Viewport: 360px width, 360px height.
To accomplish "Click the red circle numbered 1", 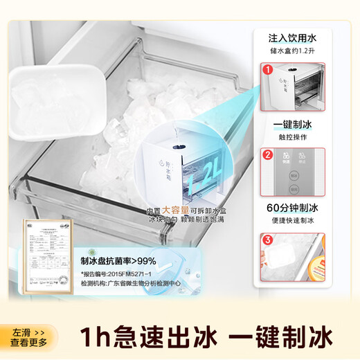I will (267, 70).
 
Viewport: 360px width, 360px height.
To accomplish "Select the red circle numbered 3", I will (267, 240).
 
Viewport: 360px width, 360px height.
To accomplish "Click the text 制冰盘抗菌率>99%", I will (118, 261).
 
